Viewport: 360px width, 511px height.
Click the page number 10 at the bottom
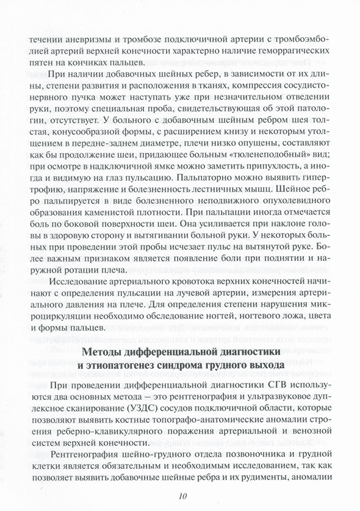point(179,496)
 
